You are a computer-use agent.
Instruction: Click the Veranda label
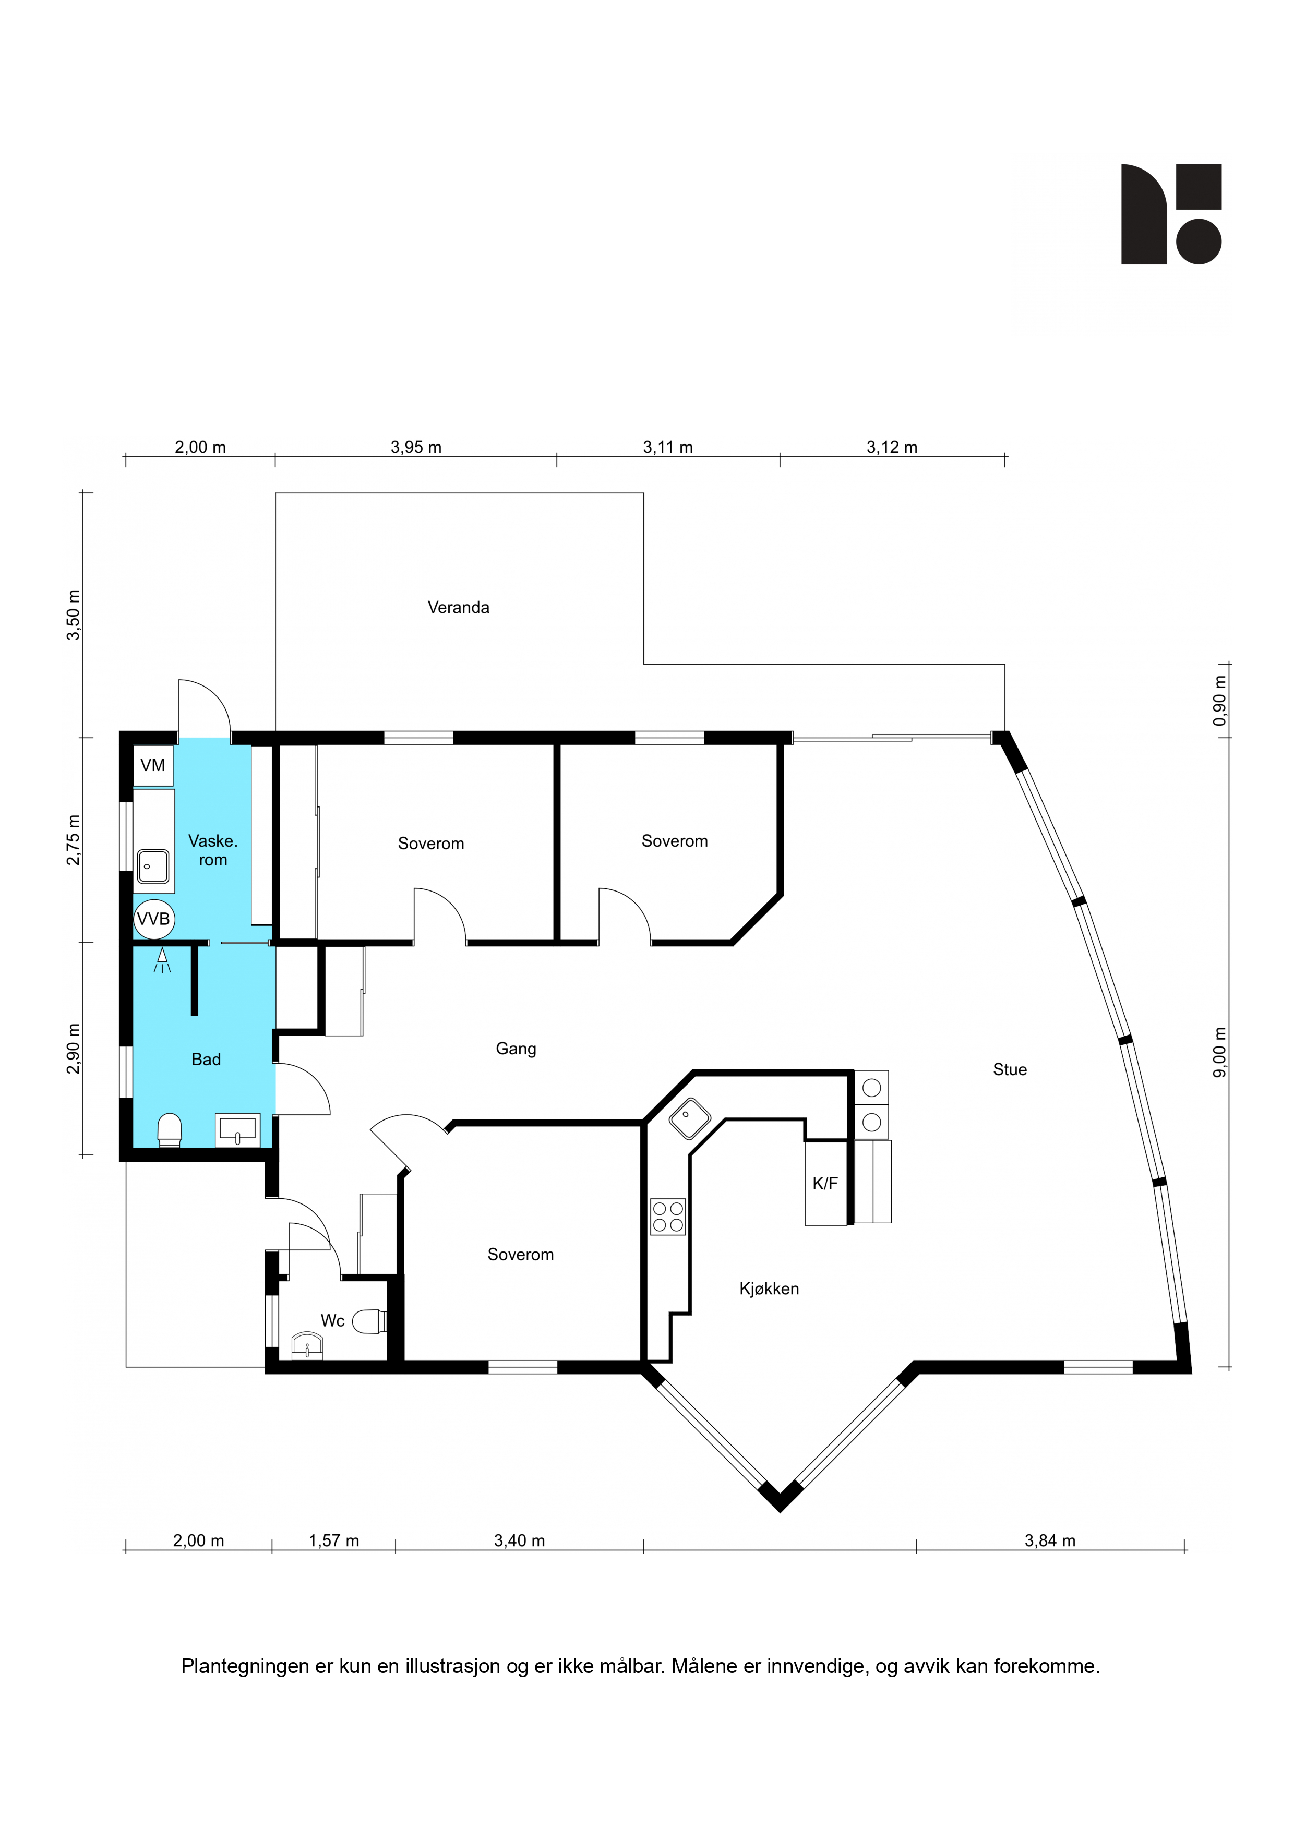(x=459, y=607)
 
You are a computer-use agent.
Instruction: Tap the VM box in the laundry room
(x=153, y=765)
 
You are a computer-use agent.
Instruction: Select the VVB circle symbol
(x=153, y=919)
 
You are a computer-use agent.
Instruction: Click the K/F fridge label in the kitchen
(x=825, y=1184)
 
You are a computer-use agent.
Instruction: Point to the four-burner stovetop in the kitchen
(x=668, y=1217)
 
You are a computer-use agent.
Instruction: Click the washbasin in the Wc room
(x=308, y=1345)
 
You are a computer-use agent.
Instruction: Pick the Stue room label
(x=1009, y=1069)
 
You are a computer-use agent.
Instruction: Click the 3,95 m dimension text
(x=415, y=447)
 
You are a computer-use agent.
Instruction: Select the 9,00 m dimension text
(x=1220, y=1052)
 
